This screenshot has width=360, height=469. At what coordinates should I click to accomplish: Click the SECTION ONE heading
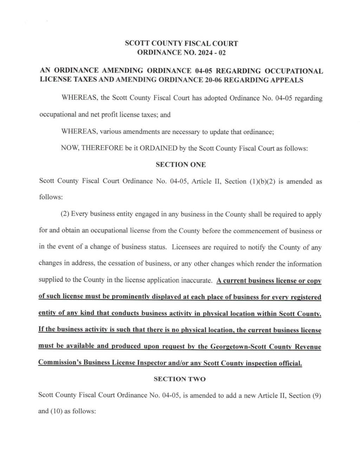coord(181,165)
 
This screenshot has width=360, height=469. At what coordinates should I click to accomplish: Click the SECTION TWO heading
coord(180,379)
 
